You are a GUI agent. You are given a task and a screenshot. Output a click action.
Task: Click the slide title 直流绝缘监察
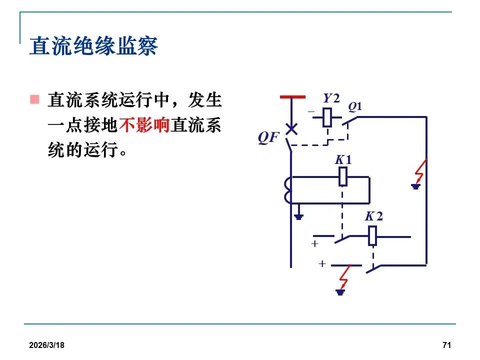coord(93,46)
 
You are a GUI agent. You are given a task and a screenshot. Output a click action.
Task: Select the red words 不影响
coord(144,125)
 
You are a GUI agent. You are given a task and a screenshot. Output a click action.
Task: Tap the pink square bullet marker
coord(34,99)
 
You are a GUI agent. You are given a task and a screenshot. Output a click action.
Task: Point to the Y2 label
coord(331,98)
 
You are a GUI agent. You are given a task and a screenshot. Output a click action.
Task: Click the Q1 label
coord(355,106)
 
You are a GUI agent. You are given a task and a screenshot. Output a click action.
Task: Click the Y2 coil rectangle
coord(327,117)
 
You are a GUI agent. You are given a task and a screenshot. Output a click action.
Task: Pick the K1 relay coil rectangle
coord(343,176)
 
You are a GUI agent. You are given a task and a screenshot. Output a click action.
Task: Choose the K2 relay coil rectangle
coord(372,236)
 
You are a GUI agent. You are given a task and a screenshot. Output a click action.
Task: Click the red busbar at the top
coord(292,96)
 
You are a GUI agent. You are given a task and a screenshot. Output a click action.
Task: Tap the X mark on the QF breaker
coord(291,128)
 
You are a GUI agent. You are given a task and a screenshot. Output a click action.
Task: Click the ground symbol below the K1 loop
coord(298,216)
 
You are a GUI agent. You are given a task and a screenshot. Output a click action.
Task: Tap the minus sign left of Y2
coord(311,110)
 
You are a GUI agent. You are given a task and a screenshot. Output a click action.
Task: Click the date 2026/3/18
coord(49,346)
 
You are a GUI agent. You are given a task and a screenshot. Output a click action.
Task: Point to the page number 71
coord(447,346)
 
